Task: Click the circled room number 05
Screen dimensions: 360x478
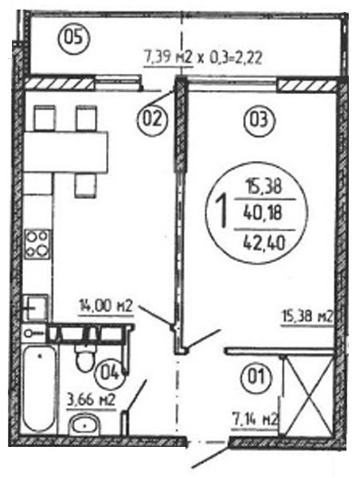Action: point(73,39)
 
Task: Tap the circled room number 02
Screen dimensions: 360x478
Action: point(152,119)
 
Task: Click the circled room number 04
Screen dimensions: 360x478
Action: point(109,373)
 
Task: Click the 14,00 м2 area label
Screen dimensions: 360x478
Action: point(106,306)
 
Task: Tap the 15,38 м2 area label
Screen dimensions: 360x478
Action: point(306,317)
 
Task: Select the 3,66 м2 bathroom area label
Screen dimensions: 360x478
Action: point(91,400)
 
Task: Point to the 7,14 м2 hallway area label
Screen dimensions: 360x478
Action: point(255,420)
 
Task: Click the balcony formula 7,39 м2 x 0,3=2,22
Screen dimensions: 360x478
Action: point(202,57)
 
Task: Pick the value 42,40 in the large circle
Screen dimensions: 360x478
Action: point(264,243)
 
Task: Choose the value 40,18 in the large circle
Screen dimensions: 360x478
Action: point(263,214)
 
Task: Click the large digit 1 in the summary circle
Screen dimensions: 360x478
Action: point(221,213)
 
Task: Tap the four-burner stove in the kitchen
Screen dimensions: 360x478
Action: point(37,245)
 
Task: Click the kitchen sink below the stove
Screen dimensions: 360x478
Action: point(36,307)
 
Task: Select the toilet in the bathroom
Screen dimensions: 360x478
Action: point(84,358)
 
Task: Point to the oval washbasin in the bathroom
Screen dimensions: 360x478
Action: point(84,424)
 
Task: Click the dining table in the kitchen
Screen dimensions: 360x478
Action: point(65,151)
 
